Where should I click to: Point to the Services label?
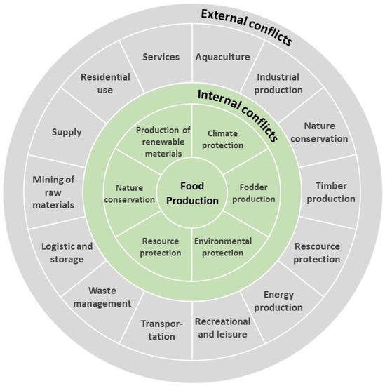point(161,56)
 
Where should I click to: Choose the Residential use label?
point(104,83)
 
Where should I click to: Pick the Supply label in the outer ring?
point(67,131)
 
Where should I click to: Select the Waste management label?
point(109,297)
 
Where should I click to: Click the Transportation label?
point(161,330)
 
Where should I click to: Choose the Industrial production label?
point(279,84)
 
